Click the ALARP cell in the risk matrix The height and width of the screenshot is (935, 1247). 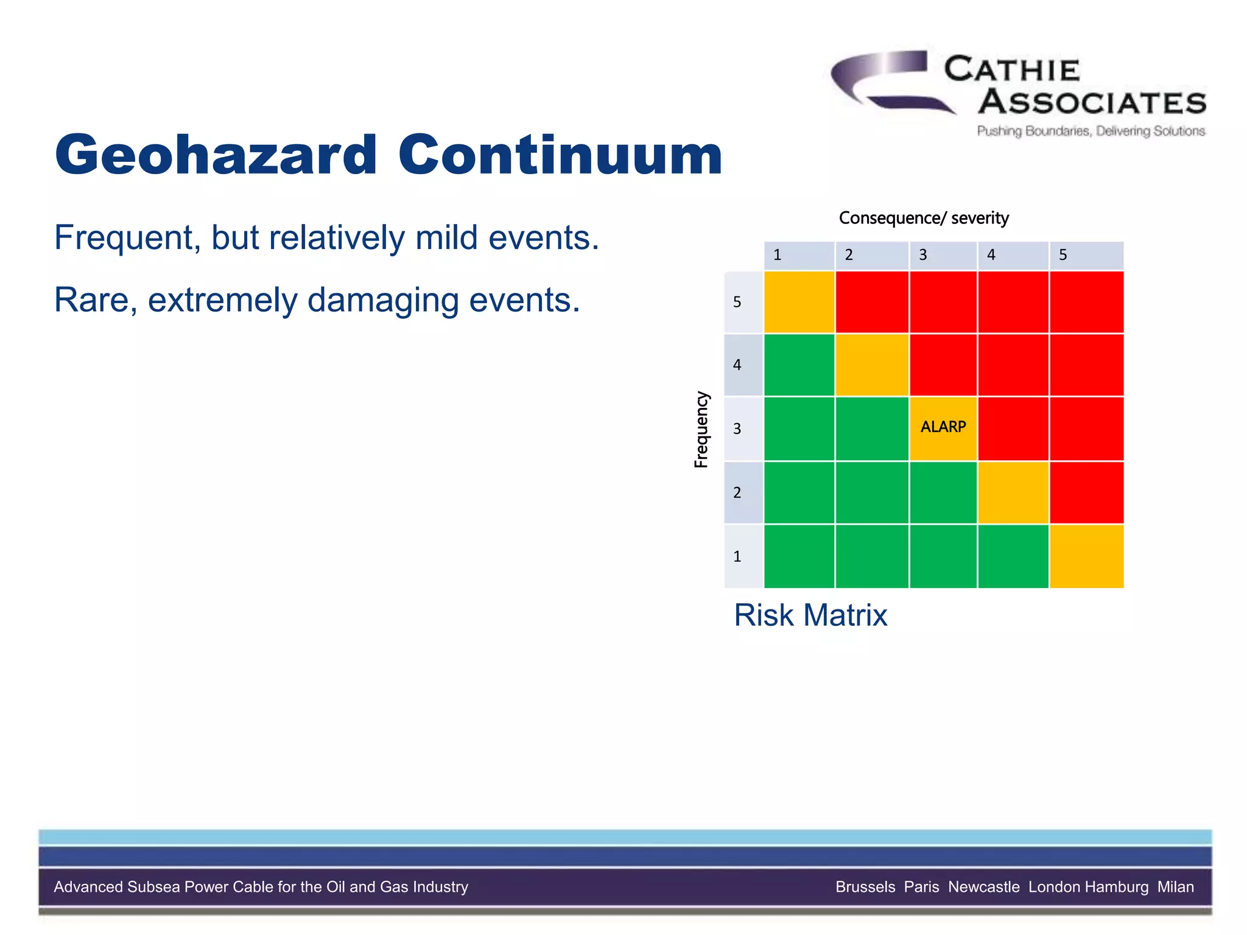[943, 428]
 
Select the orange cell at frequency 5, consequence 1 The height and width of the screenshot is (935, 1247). [799, 302]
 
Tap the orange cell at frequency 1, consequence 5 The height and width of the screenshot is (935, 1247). [1086, 556]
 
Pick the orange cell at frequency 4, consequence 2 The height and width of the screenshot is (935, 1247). [872, 365]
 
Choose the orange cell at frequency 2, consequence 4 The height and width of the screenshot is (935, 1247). [1013, 492]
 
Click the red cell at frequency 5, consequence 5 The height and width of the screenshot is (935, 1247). [1086, 302]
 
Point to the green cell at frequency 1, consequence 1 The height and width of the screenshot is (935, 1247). [799, 556]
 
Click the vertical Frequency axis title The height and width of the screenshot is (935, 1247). [701, 429]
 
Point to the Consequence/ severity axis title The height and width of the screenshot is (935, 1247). [923, 218]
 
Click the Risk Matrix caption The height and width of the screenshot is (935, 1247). [810, 615]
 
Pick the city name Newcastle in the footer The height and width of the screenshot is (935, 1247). [983, 887]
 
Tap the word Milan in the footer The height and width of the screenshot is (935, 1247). [1175, 887]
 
